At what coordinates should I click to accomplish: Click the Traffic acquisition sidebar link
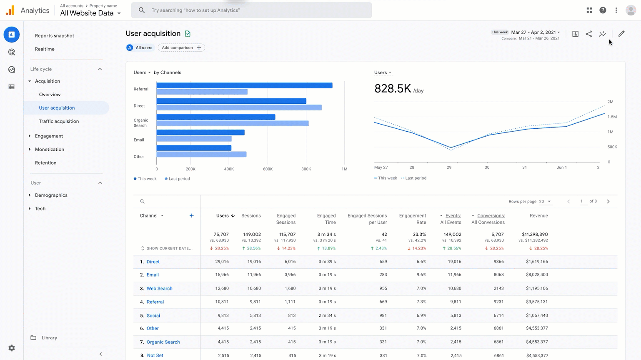tap(59, 121)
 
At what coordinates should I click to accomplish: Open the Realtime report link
tap(45, 49)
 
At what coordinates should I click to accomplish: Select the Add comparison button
tap(181, 47)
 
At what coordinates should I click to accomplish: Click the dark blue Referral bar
tap(244, 85)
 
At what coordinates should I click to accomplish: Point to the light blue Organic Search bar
tap(233, 123)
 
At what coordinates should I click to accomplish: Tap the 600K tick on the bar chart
tap(268, 169)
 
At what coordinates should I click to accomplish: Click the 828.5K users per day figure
tap(393, 88)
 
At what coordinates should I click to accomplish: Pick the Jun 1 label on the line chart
tap(561, 167)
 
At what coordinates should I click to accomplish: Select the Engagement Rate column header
tap(412, 219)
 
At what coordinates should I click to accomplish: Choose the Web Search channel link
tap(159, 288)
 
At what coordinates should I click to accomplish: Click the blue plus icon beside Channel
tap(192, 215)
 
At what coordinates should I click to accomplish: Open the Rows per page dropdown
tap(545, 202)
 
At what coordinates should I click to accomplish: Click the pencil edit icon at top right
tap(621, 34)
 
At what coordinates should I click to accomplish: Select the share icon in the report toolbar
tap(588, 34)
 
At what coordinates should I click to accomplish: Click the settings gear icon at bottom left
tap(12, 348)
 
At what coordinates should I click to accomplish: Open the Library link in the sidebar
tap(49, 338)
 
